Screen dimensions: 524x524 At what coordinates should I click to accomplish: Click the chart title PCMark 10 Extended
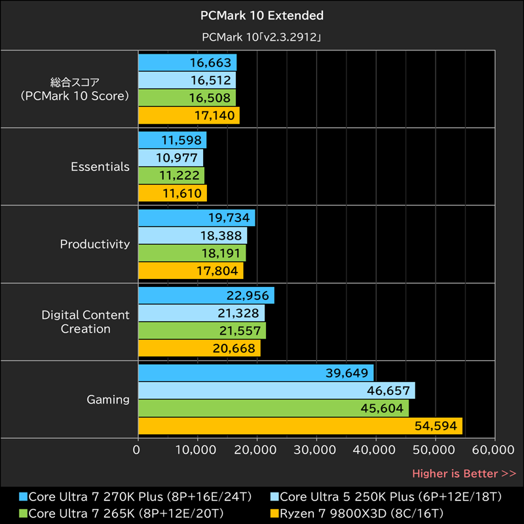pyautogui.click(x=261, y=15)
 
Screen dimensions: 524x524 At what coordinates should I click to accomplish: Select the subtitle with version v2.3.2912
pyautogui.click(x=261, y=37)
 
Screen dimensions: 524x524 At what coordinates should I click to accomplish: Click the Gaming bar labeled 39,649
pyautogui.click(x=255, y=373)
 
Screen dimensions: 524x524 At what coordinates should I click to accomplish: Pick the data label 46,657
pyautogui.click(x=390, y=391)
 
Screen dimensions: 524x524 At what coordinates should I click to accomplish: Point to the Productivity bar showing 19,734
pyautogui.click(x=196, y=218)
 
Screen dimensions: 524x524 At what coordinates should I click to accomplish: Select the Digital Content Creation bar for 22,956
pyautogui.click(x=206, y=295)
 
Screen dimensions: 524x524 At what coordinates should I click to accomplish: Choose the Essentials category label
pyautogui.click(x=100, y=167)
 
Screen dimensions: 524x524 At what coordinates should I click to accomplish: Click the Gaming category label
pyautogui.click(x=108, y=400)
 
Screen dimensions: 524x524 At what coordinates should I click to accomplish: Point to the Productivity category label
pyautogui.click(x=95, y=244)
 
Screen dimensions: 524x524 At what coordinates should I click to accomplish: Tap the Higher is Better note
pyautogui.click(x=464, y=473)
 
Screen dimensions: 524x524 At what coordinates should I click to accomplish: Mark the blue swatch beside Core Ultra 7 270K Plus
pyautogui.click(x=24, y=496)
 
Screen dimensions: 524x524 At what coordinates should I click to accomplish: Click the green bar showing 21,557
pyautogui.click(x=202, y=331)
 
